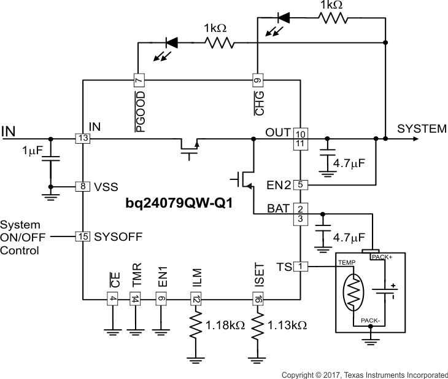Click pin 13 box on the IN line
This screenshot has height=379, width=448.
(83, 139)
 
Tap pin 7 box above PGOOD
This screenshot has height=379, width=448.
(139, 80)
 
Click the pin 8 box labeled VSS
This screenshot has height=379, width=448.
(83, 186)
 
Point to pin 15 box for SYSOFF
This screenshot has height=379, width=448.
(83, 236)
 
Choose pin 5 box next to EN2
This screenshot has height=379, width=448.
(300, 184)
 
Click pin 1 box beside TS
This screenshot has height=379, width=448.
(300, 267)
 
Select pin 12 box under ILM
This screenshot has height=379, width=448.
(196, 299)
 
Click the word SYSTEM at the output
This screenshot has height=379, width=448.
(422, 129)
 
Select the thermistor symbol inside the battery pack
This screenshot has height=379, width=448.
(353, 295)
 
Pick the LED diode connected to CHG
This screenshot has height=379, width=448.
(284, 17)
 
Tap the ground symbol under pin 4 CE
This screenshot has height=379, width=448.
(112, 332)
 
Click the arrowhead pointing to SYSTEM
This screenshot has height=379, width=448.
(415, 139)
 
